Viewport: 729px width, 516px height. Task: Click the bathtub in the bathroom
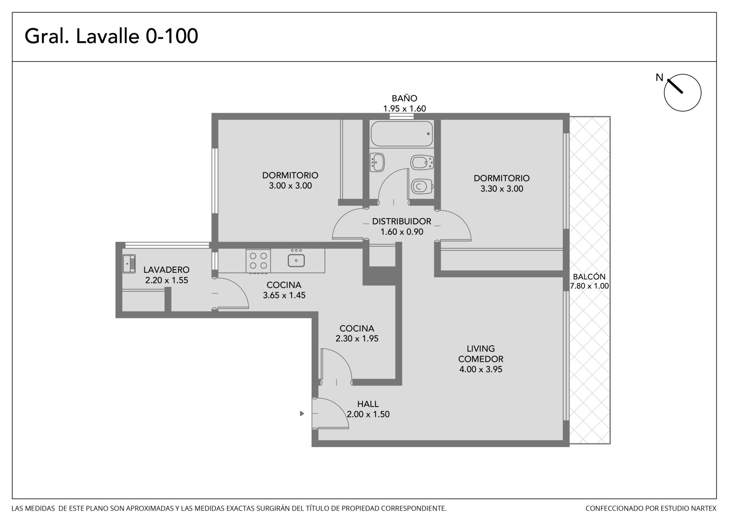coord(402,134)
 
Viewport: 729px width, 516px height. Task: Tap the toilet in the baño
coord(422,187)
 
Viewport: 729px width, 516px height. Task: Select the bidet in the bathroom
coord(422,162)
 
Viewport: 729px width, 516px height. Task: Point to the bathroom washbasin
coord(378,162)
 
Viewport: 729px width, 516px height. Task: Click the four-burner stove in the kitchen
coord(258,261)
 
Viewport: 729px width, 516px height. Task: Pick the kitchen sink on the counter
coord(296,260)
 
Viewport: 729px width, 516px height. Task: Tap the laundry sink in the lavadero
coord(129,263)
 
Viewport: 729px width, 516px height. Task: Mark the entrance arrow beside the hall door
coord(302,413)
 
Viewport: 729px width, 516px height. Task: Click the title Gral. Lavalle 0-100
coord(111,36)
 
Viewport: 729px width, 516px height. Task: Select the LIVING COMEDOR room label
coord(481,354)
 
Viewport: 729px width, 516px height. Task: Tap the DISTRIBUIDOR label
coord(401,221)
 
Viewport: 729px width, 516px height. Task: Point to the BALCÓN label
coord(589,276)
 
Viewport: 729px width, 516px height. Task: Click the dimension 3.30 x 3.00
coord(502,189)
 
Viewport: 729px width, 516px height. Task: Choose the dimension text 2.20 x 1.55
coord(167,280)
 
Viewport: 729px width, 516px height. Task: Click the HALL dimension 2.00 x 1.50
coord(368,414)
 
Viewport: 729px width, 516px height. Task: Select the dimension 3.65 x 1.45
coord(284,295)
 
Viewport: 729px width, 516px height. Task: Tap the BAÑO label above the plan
coord(405,98)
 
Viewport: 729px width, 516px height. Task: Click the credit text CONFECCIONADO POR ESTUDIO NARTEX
coord(651,508)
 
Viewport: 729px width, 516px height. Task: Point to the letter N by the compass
coord(659,78)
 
